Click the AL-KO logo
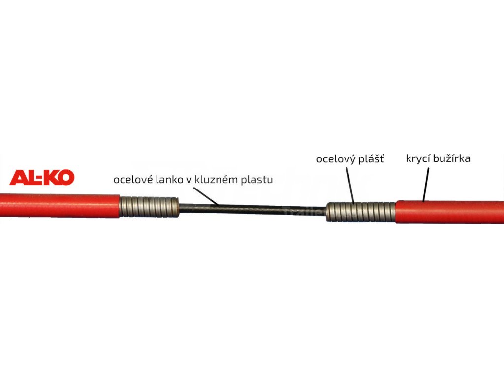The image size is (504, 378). (x=42, y=178)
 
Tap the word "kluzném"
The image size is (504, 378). (x=216, y=180)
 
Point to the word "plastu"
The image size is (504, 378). (x=256, y=180)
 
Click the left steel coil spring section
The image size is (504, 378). (x=149, y=206)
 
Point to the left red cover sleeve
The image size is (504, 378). (x=59, y=205)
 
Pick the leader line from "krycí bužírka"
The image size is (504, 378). (x=426, y=184)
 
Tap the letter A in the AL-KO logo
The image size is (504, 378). (x=17, y=178)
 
